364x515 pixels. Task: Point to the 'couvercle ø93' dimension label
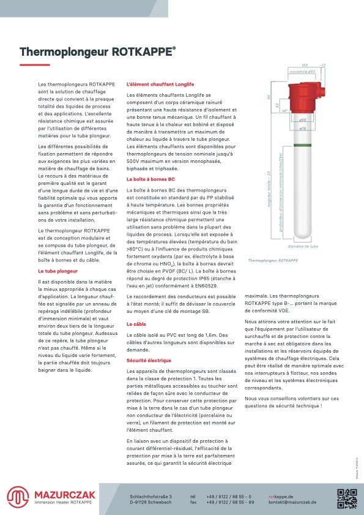coord(302,72)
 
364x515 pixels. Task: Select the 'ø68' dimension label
coord(302,120)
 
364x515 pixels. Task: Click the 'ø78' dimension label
coord(302,129)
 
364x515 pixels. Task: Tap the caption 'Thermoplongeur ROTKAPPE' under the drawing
coord(273,260)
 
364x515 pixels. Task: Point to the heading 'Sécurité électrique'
coord(149,361)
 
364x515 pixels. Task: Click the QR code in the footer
coord(347,497)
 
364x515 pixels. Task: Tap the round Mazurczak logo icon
coord(18,496)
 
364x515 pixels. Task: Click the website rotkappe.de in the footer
coord(281,496)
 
